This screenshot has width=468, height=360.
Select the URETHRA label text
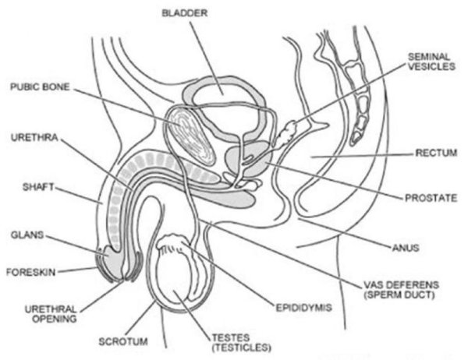pos(32,140)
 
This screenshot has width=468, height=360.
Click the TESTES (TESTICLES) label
pos(241,341)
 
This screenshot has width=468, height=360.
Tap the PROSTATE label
pos(430,198)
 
